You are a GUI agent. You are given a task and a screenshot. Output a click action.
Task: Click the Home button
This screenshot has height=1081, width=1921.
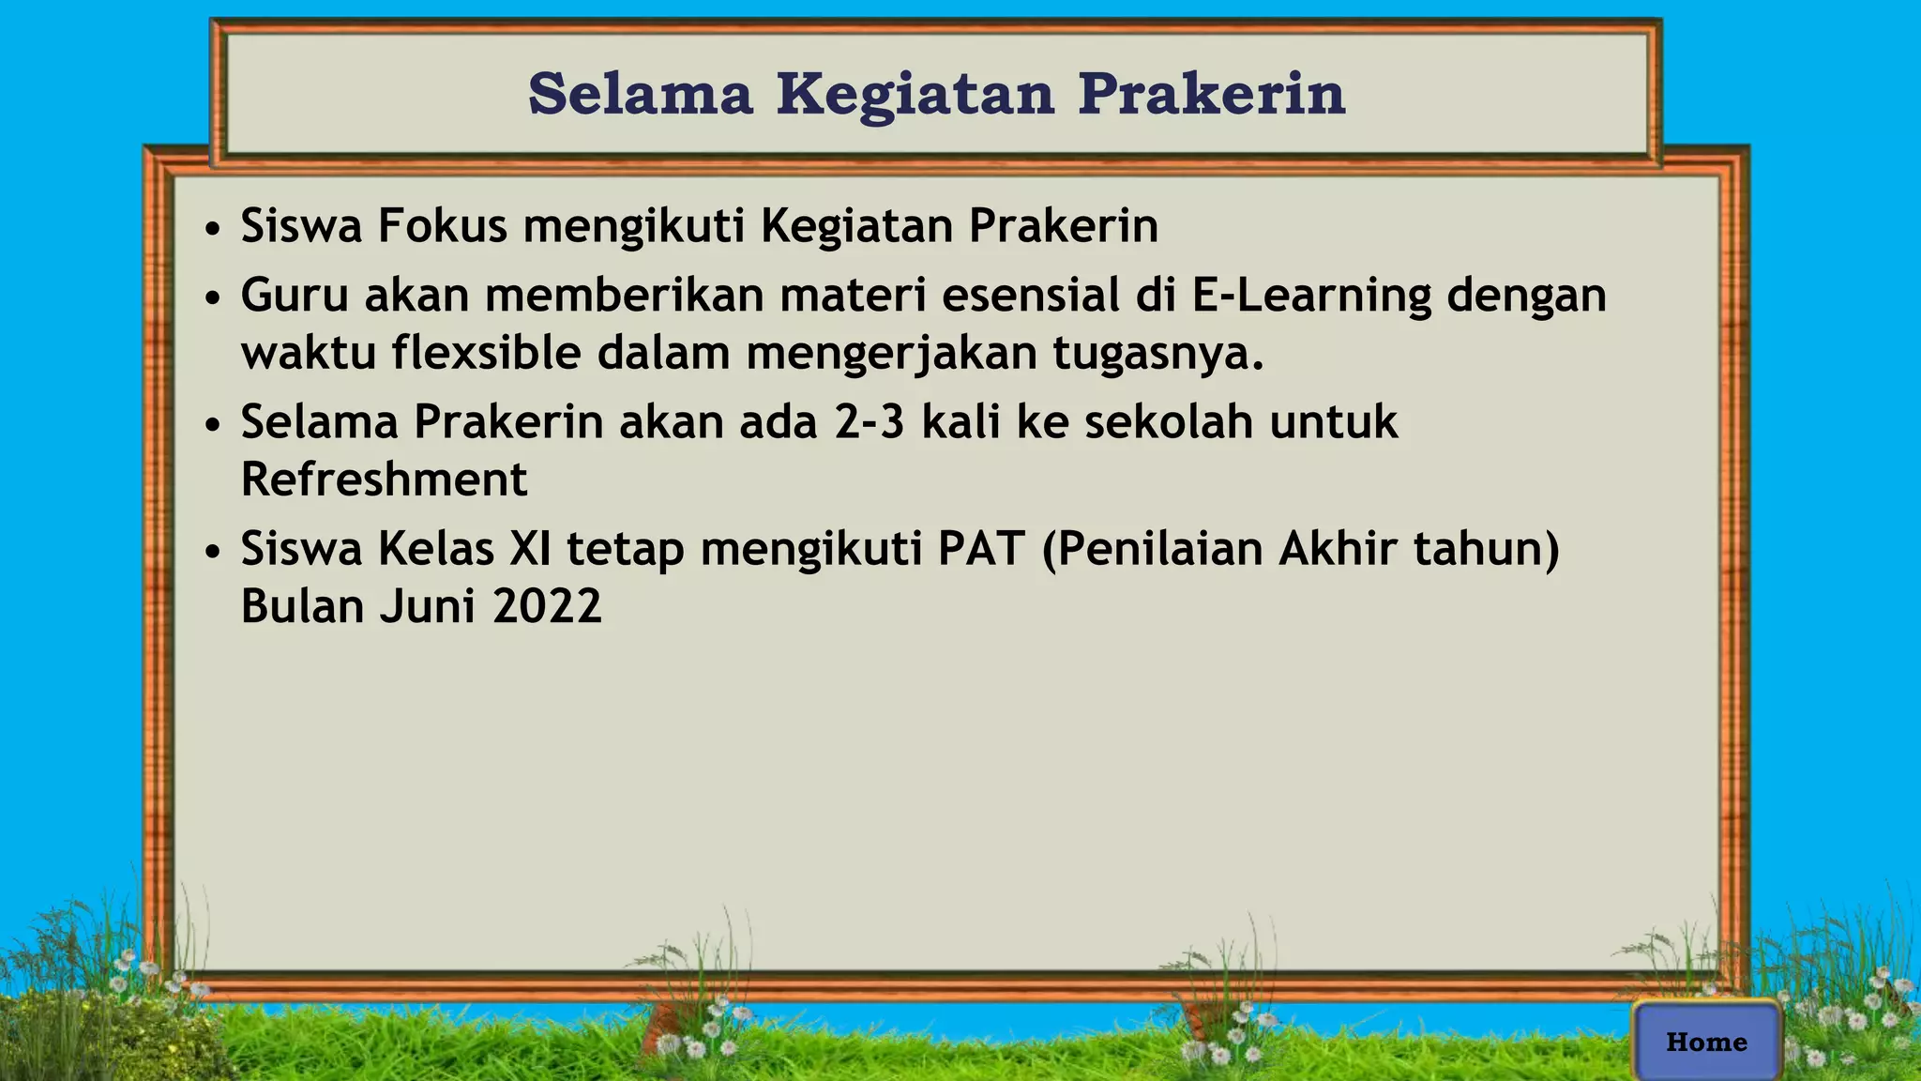click(1706, 1042)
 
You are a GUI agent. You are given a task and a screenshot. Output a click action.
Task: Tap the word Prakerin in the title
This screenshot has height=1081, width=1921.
click(1212, 94)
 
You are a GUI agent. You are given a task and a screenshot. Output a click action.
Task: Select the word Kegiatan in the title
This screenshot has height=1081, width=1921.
click(915, 96)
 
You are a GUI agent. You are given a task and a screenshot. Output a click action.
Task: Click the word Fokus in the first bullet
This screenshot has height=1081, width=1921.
click(442, 226)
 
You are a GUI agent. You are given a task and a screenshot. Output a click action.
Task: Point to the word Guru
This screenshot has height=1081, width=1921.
click(295, 296)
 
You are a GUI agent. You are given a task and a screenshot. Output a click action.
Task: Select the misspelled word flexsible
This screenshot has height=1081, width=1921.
click(487, 354)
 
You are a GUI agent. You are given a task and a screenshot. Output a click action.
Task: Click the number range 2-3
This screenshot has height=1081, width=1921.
click(870, 422)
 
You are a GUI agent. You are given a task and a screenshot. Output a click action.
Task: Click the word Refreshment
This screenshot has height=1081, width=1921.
click(385, 480)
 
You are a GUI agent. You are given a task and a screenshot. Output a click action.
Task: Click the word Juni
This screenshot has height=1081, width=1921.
click(428, 607)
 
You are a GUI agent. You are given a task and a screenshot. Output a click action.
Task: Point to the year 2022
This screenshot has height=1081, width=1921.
click(547, 607)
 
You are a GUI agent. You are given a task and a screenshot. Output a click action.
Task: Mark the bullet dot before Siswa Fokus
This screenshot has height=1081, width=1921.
click(214, 229)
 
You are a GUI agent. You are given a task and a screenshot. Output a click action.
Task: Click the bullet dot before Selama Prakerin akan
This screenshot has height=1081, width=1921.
click(214, 425)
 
